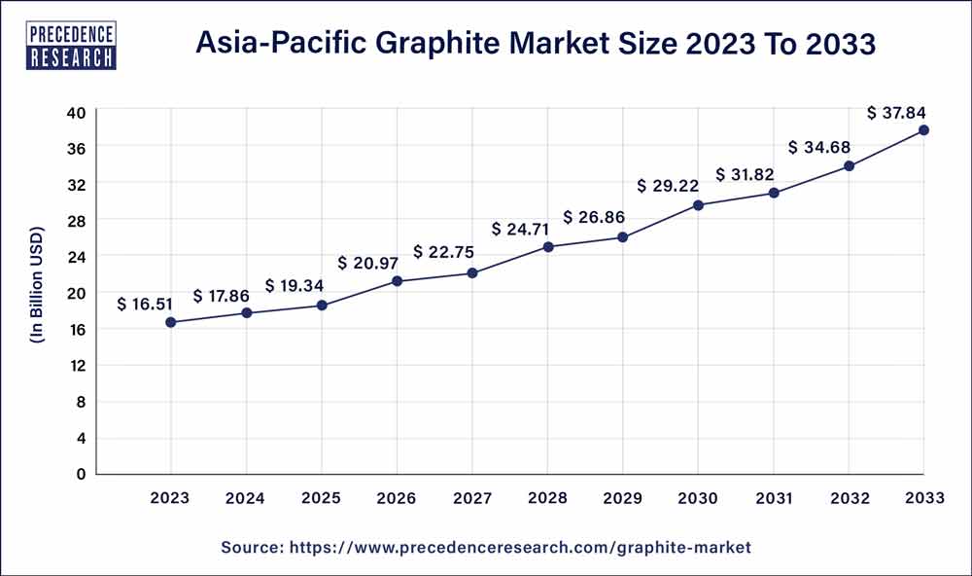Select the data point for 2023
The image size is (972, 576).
171,322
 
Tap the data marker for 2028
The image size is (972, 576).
548,247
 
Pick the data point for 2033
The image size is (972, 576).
923,130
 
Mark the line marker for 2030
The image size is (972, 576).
698,205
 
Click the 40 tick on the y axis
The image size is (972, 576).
77,112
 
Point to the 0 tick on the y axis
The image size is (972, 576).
82,474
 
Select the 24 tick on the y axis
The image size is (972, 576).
77,257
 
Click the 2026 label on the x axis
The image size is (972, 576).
397,498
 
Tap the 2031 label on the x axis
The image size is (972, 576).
774,498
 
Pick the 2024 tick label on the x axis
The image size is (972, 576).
246,498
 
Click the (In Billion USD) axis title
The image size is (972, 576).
37,293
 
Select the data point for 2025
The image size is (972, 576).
322,306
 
